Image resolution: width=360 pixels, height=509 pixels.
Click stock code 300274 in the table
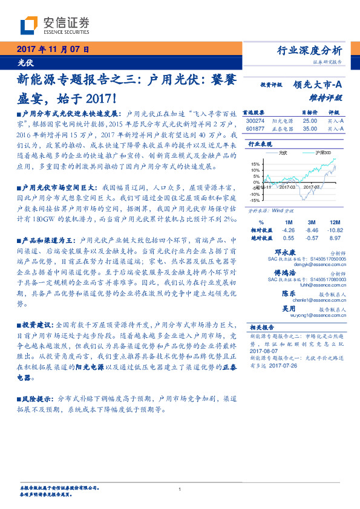255,121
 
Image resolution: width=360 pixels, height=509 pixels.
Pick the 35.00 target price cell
310,128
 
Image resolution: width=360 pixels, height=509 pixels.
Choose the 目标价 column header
310,112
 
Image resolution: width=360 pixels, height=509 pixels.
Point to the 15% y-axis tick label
255,163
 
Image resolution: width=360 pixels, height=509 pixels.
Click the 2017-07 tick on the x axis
311,187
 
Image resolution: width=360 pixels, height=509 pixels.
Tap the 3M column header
312,222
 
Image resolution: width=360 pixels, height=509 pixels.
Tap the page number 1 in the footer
180,489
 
